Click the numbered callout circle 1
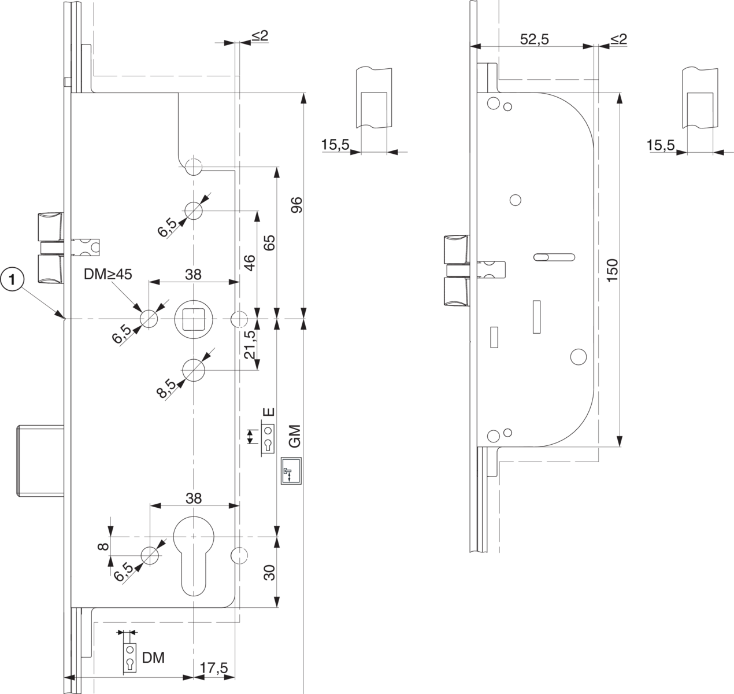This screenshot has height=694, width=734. click(x=13, y=280)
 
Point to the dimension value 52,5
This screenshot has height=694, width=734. click(x=535, y=39)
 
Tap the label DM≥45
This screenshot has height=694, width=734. click(x=108, y=274)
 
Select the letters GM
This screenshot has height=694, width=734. click(x=294, y=435)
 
